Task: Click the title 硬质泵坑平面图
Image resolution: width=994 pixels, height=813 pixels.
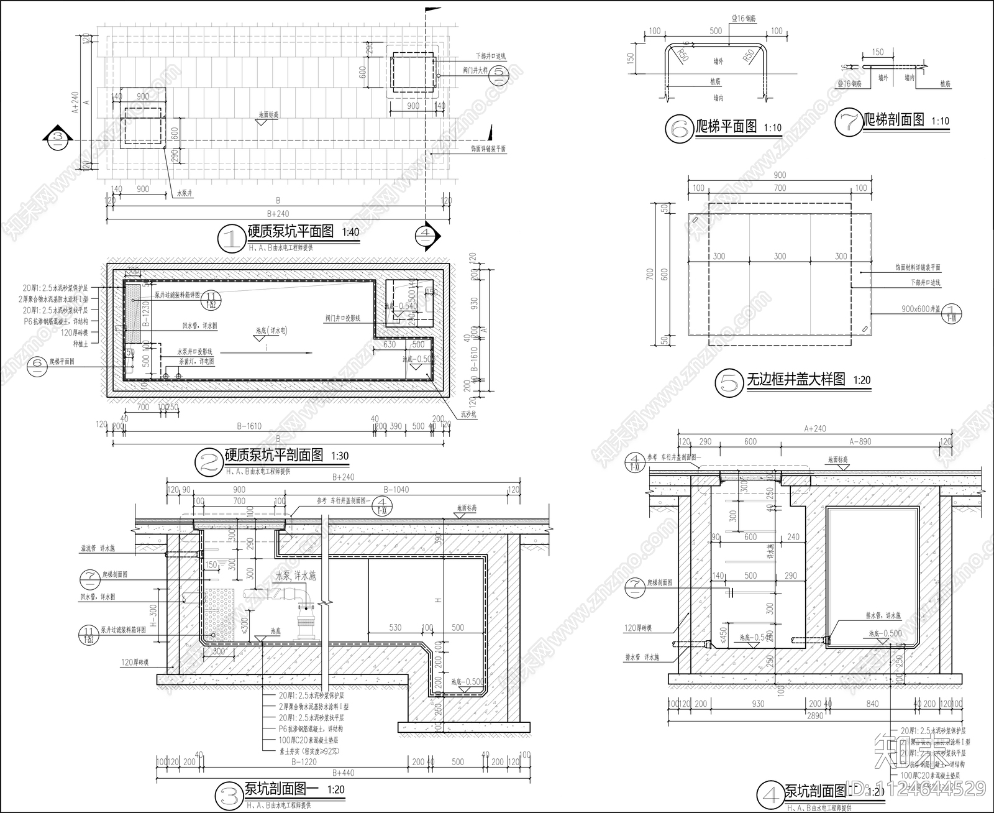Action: pos(290,232)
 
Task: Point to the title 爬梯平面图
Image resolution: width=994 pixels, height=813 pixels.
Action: pos(726,127)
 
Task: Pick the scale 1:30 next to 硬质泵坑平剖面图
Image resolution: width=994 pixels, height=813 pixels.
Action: pos(340,456)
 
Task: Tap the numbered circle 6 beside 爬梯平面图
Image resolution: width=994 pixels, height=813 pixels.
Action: pos(677,129)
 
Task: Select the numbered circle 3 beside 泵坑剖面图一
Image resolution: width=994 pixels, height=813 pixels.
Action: pos(227,794)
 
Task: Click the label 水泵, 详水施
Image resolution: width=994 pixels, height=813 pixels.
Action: pos(295,576)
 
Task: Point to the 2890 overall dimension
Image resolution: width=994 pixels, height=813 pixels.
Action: pos(814,715)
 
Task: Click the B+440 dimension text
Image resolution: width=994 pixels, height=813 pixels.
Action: pos(343,773)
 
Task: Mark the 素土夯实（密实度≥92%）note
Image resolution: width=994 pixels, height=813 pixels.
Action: pos(310,751)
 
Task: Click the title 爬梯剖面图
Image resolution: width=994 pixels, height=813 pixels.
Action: pos(894,121)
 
